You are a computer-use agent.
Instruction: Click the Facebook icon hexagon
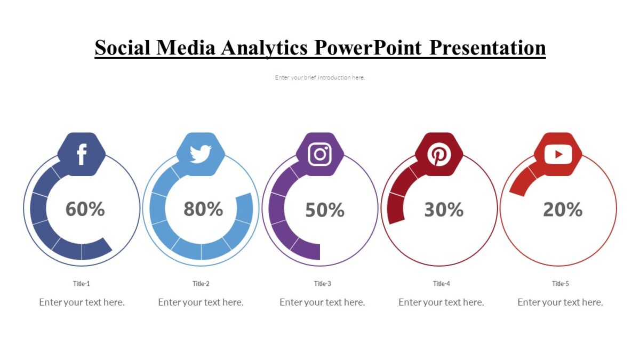82,154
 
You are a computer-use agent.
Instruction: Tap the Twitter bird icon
201,154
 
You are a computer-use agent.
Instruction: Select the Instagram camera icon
320,154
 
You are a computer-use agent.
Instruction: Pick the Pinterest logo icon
439,154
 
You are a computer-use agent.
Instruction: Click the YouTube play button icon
558,154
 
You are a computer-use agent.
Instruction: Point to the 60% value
85,209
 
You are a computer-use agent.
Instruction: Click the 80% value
203,209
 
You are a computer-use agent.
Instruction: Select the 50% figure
324,210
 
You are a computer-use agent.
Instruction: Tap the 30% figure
444,210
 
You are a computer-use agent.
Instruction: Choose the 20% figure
563,210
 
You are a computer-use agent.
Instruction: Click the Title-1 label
82,284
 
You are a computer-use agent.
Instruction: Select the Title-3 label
322,284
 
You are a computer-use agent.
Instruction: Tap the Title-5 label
560,284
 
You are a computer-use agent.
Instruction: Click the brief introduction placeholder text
320,77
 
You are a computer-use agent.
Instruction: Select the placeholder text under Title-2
201,302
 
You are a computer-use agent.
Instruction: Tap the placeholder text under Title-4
441,302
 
